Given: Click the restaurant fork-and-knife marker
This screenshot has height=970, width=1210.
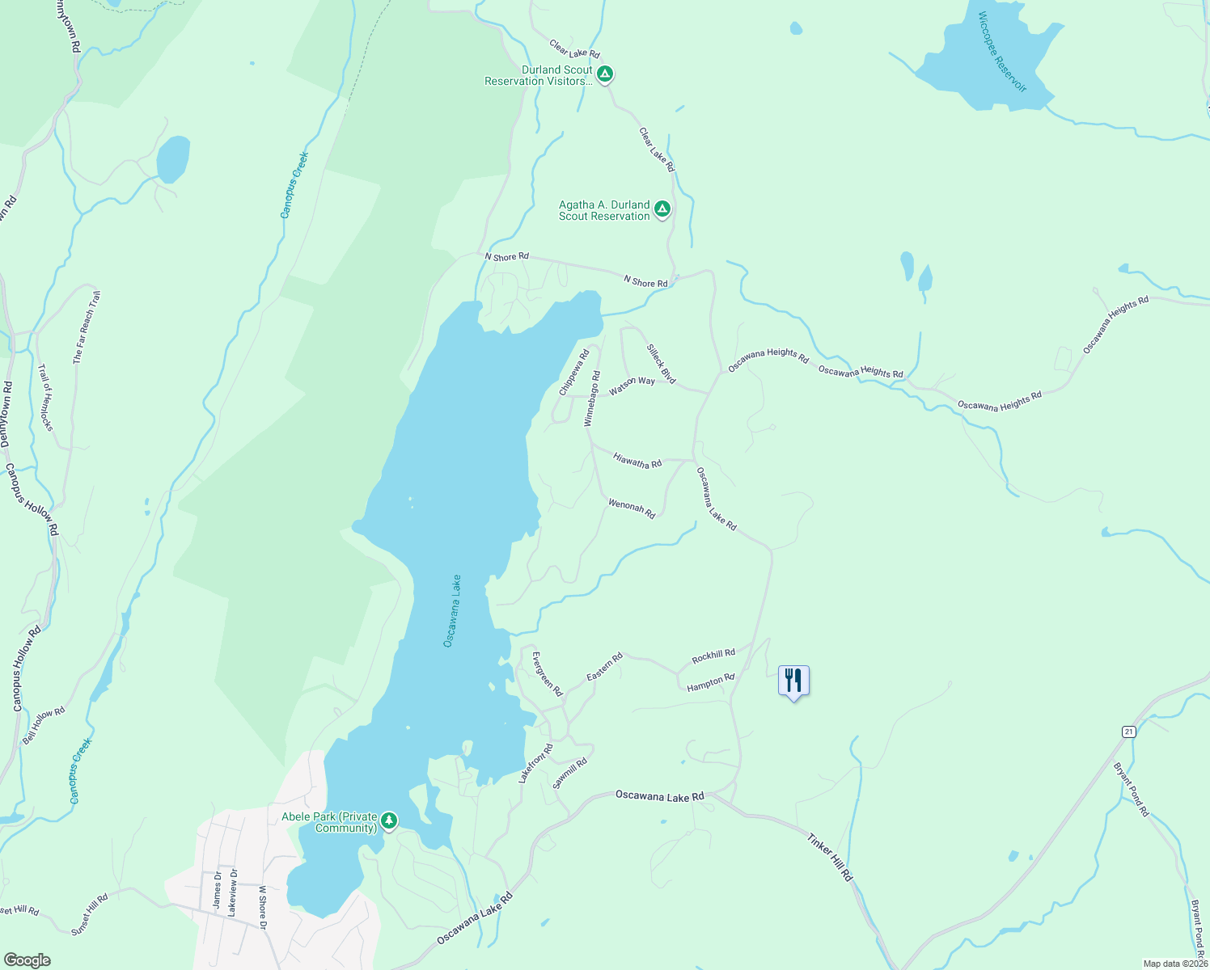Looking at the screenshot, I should [793, 681].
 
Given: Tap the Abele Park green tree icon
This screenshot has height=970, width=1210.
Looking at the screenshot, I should [389, 821].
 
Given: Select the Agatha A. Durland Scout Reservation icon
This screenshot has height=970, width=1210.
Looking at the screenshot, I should [662, 210].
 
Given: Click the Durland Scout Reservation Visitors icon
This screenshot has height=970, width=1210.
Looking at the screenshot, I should [604, 75].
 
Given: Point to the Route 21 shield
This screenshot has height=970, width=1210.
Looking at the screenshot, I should [1129, 732].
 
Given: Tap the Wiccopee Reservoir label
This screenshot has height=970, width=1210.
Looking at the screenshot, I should [1001, 52].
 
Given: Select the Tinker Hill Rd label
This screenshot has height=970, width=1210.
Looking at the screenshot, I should [830, 857].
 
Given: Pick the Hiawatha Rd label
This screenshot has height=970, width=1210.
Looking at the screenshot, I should [637, 462].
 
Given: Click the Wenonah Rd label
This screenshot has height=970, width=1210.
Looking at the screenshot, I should [632, 508].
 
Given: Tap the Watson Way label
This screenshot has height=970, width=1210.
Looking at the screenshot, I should [632, 386].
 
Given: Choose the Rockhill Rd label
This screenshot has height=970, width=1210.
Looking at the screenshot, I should [713, 656].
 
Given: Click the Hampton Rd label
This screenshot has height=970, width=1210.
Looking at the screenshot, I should [710, 683].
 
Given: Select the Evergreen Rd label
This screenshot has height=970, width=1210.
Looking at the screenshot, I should [547, 674].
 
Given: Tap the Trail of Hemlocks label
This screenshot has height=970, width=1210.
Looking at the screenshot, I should [45, 397].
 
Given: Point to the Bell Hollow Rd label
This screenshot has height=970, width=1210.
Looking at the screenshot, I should [44, 725].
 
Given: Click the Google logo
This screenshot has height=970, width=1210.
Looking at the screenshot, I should [27, 960].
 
